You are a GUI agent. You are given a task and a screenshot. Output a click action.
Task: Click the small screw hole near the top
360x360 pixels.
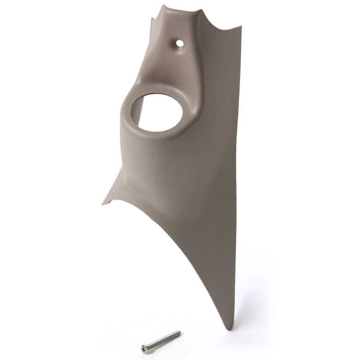(179, 44)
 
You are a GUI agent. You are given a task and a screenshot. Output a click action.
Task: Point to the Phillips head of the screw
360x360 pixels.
(144, 348)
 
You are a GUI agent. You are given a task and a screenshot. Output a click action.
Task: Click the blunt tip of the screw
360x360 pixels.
(179, 333)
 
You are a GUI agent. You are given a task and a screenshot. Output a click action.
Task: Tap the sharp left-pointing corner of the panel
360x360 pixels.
(103, 203)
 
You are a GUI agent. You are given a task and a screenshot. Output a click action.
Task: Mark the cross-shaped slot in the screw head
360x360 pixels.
(144, 348)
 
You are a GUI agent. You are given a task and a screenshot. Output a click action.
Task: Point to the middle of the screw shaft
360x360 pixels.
(163, 340)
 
